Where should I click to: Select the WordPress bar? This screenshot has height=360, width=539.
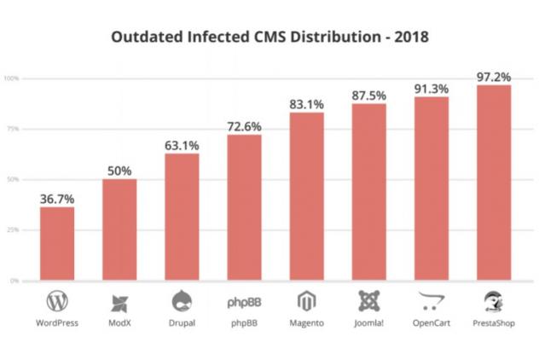[57, 243]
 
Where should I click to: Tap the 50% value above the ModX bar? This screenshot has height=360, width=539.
[119, 171]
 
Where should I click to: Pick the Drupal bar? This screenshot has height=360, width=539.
[182, 217]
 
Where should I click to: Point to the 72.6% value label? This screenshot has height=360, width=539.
[244, 126]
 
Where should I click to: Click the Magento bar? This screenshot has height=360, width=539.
[306, 196]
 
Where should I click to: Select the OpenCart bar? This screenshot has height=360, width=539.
[431, 189]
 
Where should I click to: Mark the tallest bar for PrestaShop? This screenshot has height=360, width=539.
[493, 183]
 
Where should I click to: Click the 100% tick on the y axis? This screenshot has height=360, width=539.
[11, 78]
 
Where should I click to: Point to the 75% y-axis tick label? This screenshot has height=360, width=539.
[13, 129]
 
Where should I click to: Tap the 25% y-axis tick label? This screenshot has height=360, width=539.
[13, 230]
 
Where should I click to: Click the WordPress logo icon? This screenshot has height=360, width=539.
[57, 301]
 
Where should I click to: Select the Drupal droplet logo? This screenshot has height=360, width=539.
[182, 300]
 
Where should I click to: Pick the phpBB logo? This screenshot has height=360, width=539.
[244, 302]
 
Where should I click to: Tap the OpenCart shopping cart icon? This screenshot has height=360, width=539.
[431, 301]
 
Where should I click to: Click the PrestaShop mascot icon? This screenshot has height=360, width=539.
[493, 300]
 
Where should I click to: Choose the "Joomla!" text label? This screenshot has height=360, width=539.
[368, 324]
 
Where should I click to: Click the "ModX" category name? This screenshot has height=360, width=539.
[119, 324]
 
